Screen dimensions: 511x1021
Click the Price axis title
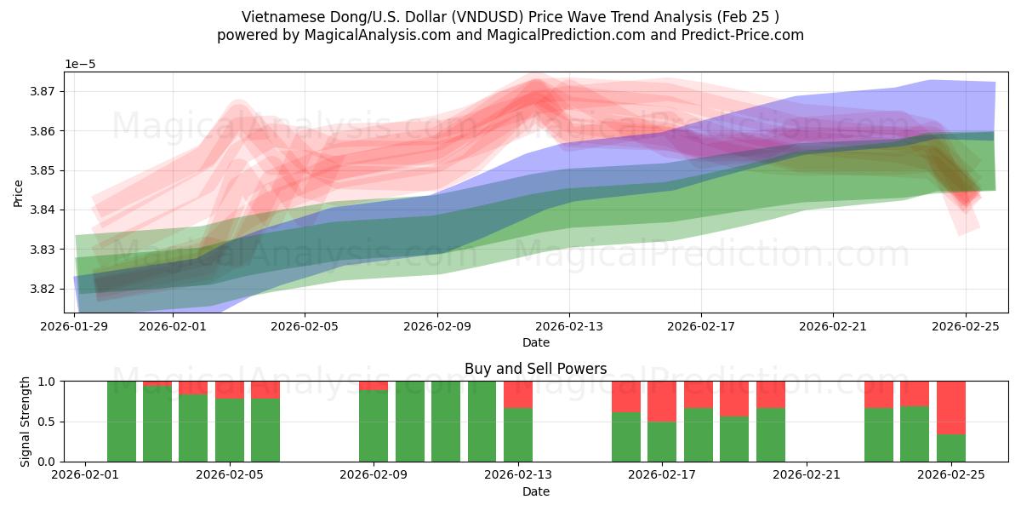point(19,193)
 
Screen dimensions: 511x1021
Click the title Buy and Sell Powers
point(535,369)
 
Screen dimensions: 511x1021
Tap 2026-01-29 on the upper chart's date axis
point(75,325)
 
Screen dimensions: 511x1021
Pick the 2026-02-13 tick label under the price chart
point(569,325)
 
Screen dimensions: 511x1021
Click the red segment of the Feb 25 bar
point(950,407)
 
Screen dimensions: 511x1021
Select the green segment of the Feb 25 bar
point(950,448)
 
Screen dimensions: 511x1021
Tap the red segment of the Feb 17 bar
point(662,401)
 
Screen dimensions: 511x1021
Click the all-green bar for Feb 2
point(122,422)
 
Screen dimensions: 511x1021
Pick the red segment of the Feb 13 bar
point(518,394)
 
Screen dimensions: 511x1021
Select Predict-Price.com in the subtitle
point(747,35)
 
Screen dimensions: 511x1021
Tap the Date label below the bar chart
point(535,491)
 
